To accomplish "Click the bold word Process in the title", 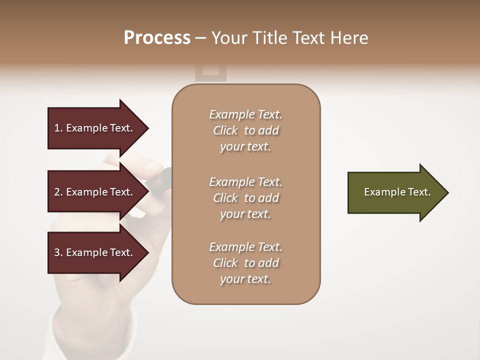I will tap(157, 38).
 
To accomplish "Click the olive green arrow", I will tap(395, 192).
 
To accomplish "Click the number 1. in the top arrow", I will tap(58, 128).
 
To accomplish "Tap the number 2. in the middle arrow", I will tap(58, 192).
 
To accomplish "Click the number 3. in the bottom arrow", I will tap(58, 252).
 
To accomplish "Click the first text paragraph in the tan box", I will tap(245, 130).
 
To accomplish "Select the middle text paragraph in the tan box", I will tap(245, 198).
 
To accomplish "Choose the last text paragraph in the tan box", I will tap(245, 263).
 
